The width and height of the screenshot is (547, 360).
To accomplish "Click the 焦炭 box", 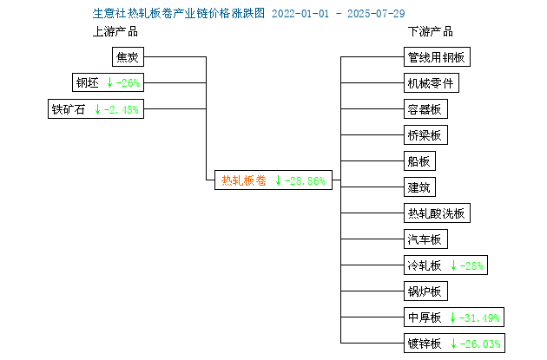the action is (128, 56).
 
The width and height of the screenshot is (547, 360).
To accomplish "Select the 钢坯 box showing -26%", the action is (109, 82).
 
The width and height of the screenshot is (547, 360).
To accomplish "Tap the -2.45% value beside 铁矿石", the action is (122, 110).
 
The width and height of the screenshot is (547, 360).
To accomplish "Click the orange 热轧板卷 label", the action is (244, 180).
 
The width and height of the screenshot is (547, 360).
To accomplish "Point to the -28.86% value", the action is (305, 181).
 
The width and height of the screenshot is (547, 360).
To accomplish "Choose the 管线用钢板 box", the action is (437, 56).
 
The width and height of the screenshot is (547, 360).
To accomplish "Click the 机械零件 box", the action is (432, 83).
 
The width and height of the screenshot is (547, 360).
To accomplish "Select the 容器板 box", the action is (425, 109).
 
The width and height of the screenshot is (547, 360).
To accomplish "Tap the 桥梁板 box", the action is (425, 134).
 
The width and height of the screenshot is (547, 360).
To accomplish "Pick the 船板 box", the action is (419, 161).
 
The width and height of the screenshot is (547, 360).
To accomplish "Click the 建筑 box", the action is (419, 187).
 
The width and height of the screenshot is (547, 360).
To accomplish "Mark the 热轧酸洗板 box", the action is (437, 213).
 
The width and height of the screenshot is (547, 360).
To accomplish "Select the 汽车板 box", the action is (425, 239).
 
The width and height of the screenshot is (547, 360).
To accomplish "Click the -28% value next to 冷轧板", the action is (471, 266).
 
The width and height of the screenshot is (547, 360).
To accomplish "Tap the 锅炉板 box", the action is (425, 291).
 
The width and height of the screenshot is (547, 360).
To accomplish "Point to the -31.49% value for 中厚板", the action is (479, 317).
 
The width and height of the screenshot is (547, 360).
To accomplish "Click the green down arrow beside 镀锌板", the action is (453, 344).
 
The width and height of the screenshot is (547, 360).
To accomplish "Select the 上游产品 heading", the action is (115, 32).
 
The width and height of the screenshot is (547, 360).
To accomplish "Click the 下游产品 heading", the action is (431, 32).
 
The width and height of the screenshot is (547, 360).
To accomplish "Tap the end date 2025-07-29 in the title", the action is (376, 14).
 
